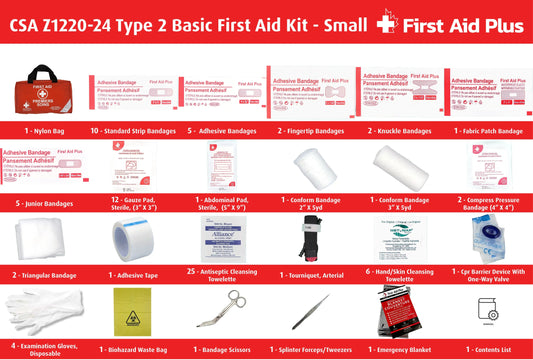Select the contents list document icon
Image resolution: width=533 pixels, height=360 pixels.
pyautogui.click(x=488, y=311)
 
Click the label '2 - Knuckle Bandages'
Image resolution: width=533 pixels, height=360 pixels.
pyautogui.click(x=399, y=131)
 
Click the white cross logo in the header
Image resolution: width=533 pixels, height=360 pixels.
pyautogui.click(x=380, y=24)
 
